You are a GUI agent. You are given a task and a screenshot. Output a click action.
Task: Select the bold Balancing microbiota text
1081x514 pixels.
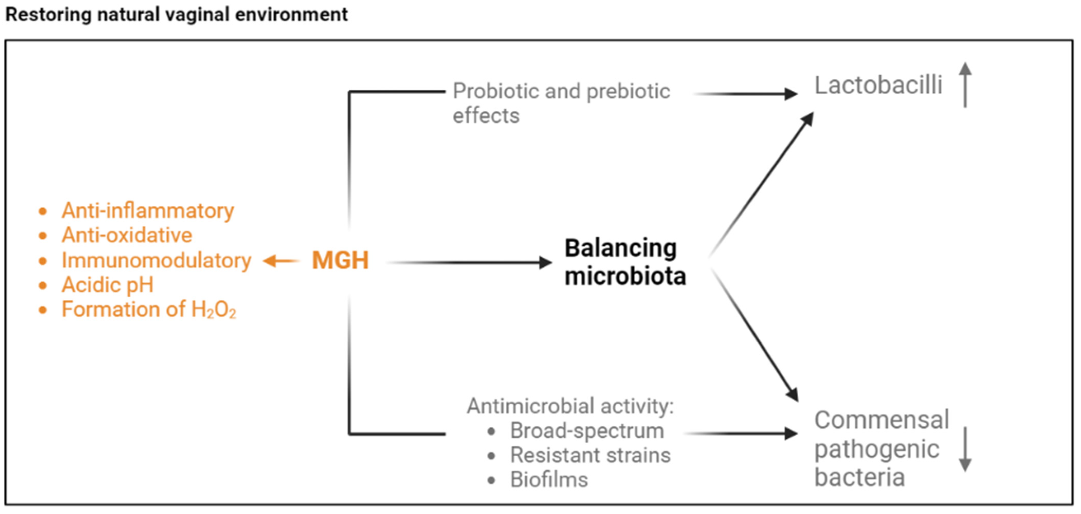[624, 262]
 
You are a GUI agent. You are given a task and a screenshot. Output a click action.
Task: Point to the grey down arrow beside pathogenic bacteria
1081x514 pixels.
[965, 449]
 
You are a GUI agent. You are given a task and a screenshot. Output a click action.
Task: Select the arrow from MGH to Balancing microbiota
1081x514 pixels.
[468, 263]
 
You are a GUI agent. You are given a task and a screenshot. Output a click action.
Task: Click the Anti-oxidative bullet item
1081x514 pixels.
[127, 235]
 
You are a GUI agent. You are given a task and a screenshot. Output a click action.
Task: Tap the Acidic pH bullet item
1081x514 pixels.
[107, 285]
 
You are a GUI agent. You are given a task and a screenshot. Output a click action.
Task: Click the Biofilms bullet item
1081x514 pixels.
[549, 480]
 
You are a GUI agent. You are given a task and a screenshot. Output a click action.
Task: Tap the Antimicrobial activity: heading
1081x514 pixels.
[570, 406]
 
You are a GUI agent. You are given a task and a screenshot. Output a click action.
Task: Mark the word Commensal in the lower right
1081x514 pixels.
[881, 420]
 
